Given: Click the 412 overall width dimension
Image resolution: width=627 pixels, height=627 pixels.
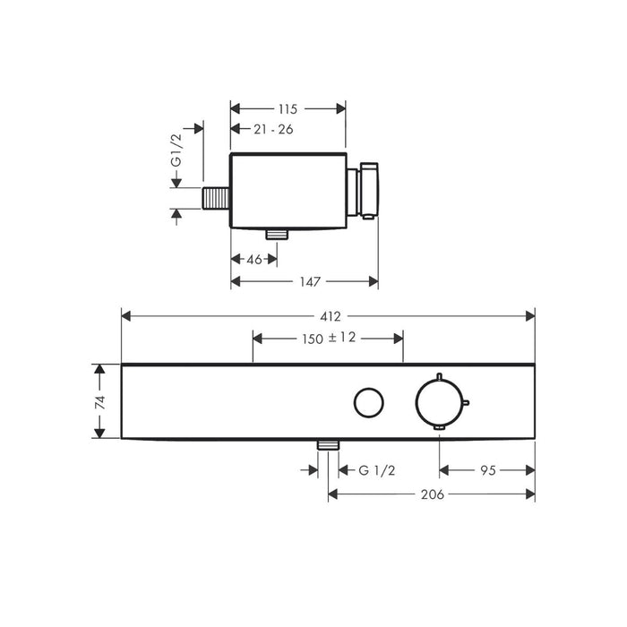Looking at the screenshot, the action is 331,317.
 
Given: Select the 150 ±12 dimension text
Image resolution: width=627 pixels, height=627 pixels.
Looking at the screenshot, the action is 329,339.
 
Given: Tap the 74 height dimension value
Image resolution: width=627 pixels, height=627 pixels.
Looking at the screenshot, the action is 100,401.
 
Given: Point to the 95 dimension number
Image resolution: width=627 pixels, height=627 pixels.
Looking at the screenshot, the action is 488,470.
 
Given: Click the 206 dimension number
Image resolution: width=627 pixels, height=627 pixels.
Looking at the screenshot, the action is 433,494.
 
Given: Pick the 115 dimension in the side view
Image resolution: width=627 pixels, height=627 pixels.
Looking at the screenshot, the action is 288,108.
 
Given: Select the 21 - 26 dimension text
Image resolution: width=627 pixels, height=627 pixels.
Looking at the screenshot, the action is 273,129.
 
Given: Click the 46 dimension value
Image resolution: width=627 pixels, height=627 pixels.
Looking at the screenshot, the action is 254,260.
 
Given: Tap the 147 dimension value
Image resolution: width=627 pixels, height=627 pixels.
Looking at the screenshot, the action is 310,282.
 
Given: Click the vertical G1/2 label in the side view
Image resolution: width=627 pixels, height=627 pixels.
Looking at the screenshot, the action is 176,150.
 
